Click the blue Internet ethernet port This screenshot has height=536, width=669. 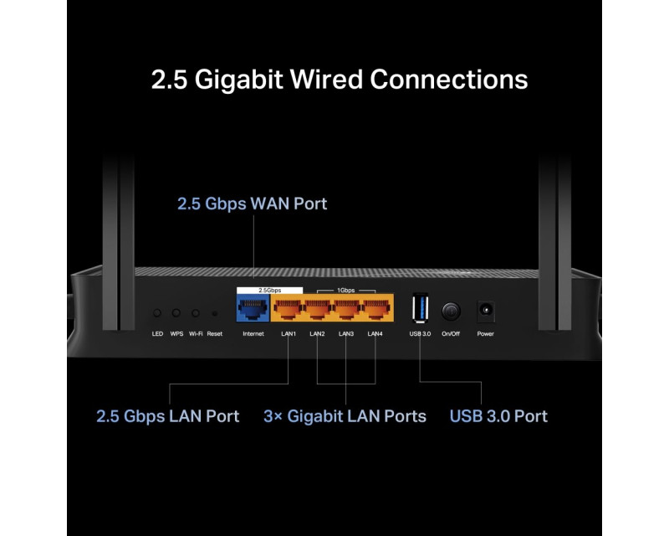(x=253, y=308)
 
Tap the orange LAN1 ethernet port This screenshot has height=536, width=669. (x=288, y=308)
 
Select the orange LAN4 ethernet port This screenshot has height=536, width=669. (x=375, y=308)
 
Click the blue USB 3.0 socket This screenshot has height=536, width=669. (x=421, y=307)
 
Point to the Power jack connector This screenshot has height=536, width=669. (x=486, y=310)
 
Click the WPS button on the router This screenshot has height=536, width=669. (x=176, y=313)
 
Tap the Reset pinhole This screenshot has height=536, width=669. (x=215, y=314)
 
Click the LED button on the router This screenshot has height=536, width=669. (x=157, y=313)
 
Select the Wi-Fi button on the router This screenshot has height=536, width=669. (x=196, y=313)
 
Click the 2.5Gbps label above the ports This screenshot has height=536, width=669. (x=269, y=291)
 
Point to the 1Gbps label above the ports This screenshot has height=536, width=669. (x=346, y=291)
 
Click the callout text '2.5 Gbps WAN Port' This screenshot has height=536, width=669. (x=253, y=204)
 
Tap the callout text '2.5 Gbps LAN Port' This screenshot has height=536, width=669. (x=168, y=416)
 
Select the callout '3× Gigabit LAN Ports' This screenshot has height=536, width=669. (x=345, y=416)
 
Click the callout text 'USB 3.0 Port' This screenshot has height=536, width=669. (x=498, y=416)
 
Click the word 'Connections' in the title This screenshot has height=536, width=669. (x=449, y=79)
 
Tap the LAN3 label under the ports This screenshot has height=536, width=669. (x=346, y=334)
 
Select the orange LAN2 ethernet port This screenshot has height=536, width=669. (x=318, y=308)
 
